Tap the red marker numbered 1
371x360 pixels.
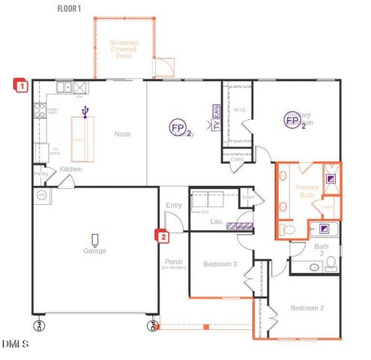22,85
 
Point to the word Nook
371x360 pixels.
123,134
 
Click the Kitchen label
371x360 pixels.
70,169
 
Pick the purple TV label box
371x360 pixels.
217,125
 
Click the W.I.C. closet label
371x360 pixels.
240,110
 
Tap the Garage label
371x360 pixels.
94,251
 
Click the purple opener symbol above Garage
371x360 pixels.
94,239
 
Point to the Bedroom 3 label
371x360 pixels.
220,264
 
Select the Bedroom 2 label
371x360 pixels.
307,308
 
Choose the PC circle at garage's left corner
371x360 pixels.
38,325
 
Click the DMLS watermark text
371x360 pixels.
15,344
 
